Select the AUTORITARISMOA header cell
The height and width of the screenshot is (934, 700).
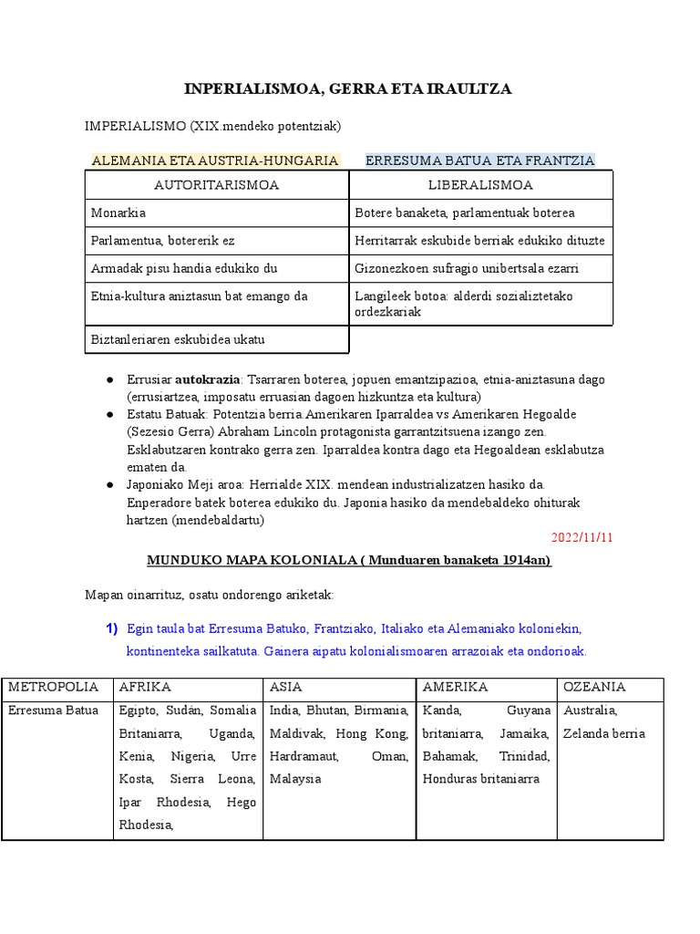click(x=216, y=185)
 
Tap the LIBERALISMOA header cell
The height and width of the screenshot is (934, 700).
click(x=480, y=185)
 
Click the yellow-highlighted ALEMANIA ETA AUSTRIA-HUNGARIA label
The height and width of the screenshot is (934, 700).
click(x=215, y=161)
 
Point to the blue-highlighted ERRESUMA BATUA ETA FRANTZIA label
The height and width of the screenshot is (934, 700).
click(x=479, y=161)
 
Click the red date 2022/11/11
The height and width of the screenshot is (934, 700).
click(x=582, y=536)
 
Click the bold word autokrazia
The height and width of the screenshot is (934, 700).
click(x=208, y=379)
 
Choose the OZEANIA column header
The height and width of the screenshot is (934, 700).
click(x=593, y=687)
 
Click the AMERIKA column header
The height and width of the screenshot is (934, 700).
click(x=455, y=687)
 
